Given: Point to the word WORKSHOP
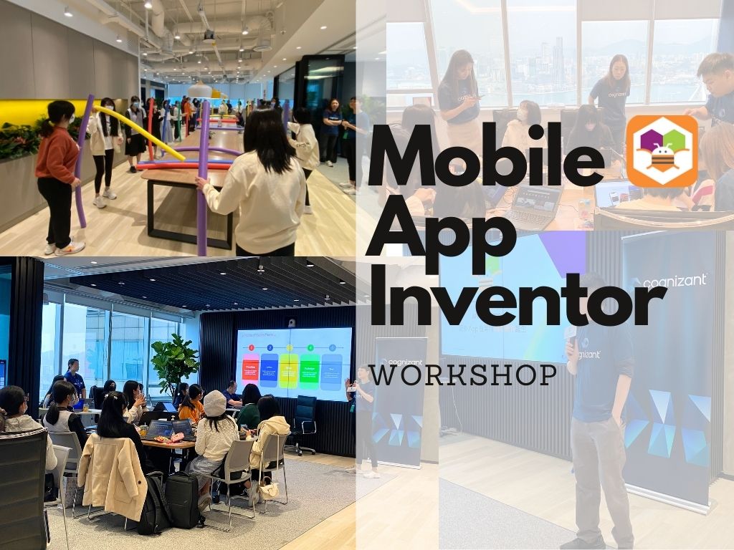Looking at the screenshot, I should pos(464,375).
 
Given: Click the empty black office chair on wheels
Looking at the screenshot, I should pos(305,423).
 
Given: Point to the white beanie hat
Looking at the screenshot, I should pos(214,403).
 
